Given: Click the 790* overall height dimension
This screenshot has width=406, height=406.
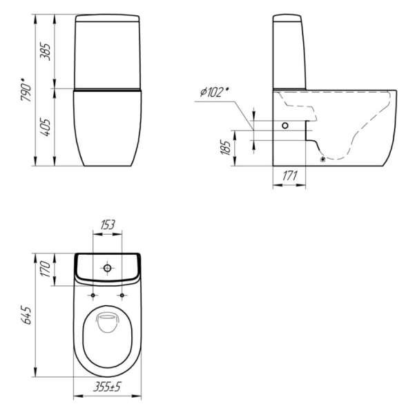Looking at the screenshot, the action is [26, 89].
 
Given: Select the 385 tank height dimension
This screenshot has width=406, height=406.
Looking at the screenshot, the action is [46, 52].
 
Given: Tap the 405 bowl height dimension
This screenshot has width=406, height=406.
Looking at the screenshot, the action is [46, 127].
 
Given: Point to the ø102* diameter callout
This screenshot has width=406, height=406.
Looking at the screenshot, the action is [215, 92].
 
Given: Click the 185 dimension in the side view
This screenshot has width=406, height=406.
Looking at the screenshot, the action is [226, 148].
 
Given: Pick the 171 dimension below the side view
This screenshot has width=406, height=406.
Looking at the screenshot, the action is [289, 176].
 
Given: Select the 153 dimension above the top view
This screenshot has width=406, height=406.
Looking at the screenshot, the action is [107, 225].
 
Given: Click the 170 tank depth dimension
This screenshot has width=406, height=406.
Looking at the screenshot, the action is [46, 269].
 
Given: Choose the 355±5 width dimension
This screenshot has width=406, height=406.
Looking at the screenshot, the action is [107, 387].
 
